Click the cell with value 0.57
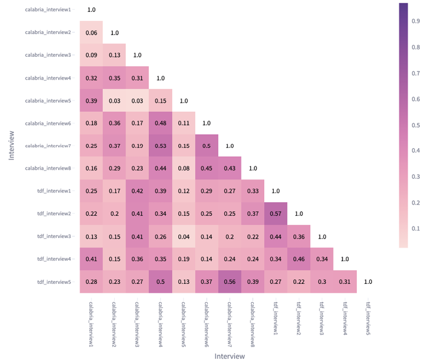(275, 214)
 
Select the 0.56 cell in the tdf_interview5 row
(229, 282)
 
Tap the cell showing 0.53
(160, 146)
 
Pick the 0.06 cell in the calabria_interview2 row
(91, 33)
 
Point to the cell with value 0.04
(183, 236)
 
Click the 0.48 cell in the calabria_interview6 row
(160, 123)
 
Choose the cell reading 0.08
(183, 169)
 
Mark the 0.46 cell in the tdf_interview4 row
(299, 259)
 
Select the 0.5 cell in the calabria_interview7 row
(207, 146)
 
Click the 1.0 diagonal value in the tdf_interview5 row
(368, 282)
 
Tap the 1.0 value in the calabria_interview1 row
(91, 10)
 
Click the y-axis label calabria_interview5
(48, 101)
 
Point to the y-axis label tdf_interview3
(55, 236)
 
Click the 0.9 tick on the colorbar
(415, 21)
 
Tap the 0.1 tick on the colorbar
(415, 229)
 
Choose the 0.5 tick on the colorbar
(415, 125)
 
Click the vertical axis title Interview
(11, 146)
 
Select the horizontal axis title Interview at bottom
(229, 356)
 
